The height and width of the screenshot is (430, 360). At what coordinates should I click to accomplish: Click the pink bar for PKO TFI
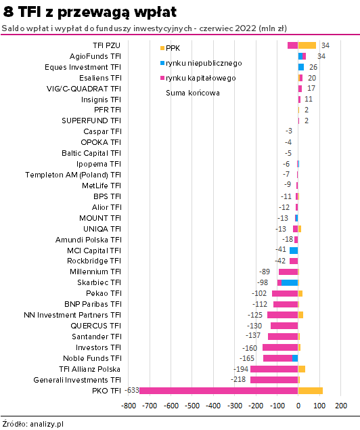219,391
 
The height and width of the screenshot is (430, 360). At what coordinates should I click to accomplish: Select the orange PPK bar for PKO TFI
311,391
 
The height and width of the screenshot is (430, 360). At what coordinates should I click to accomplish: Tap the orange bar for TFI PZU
307,45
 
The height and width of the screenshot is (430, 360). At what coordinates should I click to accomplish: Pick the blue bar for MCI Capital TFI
294,251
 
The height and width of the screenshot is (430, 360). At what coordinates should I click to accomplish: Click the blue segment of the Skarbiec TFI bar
290,283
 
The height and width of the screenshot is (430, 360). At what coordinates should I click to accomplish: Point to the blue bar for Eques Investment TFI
301,67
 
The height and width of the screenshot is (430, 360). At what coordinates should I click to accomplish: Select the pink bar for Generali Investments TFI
274,380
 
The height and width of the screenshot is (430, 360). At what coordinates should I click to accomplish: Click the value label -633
132,390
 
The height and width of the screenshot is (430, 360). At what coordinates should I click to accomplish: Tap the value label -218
238,379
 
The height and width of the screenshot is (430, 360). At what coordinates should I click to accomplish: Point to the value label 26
313,67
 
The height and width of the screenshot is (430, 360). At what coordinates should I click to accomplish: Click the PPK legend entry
170,48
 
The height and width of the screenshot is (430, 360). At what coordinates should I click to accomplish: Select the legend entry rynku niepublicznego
201,64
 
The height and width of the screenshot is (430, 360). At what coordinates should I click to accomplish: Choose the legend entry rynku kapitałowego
198,78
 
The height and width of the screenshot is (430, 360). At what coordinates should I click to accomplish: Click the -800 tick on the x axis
129,406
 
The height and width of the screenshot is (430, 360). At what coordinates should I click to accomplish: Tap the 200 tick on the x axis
341,406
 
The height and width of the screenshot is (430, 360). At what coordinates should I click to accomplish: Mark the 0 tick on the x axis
298,406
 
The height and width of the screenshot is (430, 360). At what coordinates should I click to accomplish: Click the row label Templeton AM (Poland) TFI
73,175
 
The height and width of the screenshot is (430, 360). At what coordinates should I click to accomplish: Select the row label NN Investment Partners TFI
72,315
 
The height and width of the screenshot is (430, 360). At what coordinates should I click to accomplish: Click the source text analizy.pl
47,424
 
